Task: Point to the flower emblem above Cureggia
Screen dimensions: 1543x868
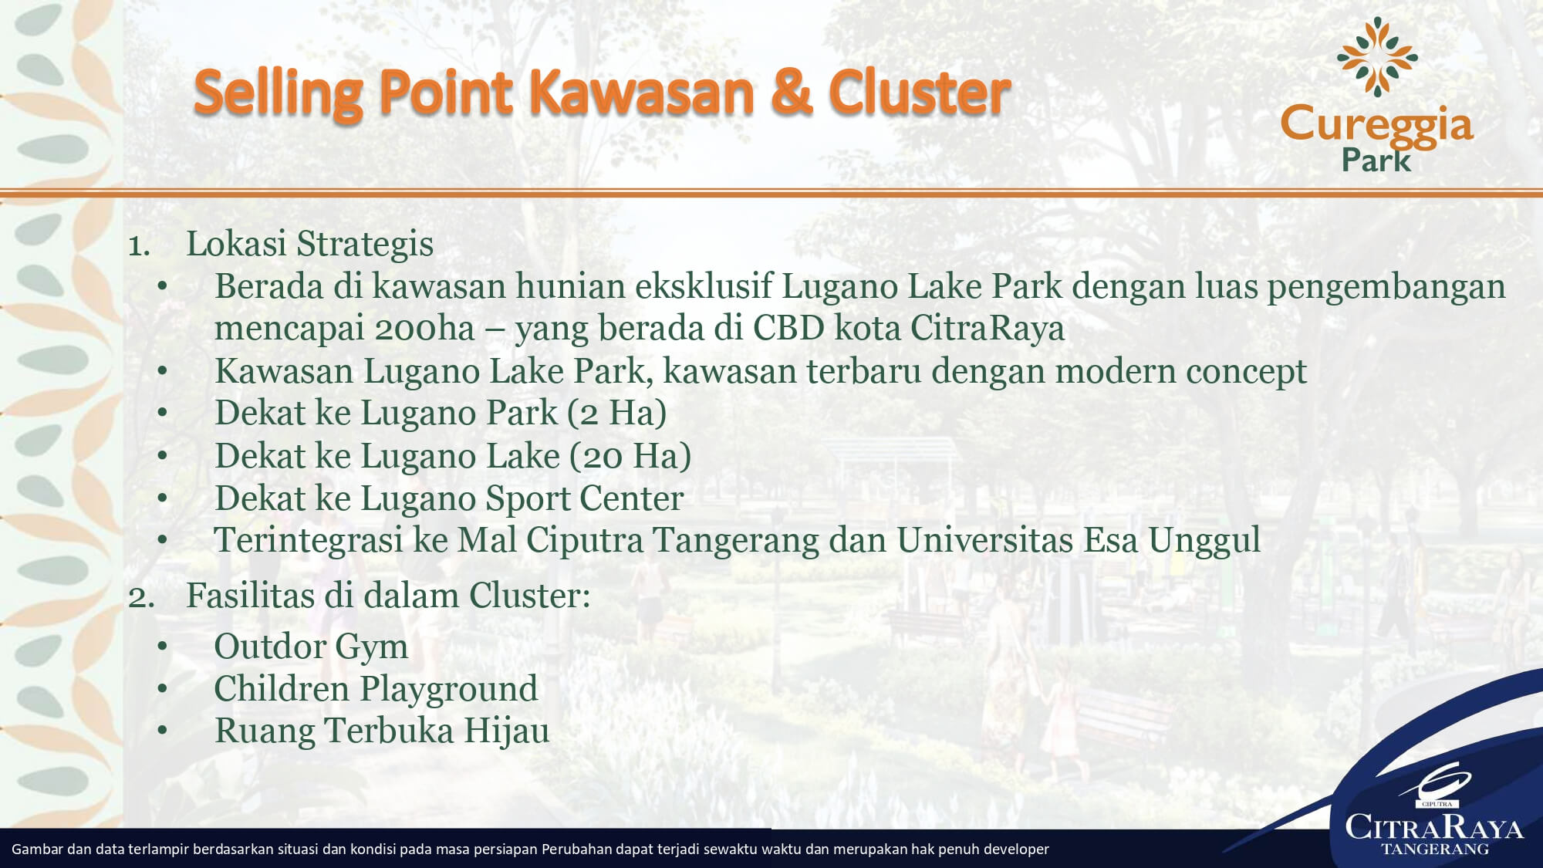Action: [x=1377, y=56]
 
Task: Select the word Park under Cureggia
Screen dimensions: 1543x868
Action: [x=1376, y=160]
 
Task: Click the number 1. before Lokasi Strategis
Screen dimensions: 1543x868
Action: [x=139, y=245]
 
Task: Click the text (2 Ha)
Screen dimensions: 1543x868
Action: [x=616, y=413]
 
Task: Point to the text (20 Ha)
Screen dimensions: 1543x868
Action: [x=630, y=456]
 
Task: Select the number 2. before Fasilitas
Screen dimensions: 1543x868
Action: [x=140, y=597]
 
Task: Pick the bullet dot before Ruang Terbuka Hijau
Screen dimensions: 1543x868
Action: [x=162, y=731]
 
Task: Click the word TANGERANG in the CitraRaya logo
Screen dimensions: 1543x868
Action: [x=1435, y=849]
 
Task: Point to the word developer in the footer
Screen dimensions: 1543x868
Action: [x=1015, y=849]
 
